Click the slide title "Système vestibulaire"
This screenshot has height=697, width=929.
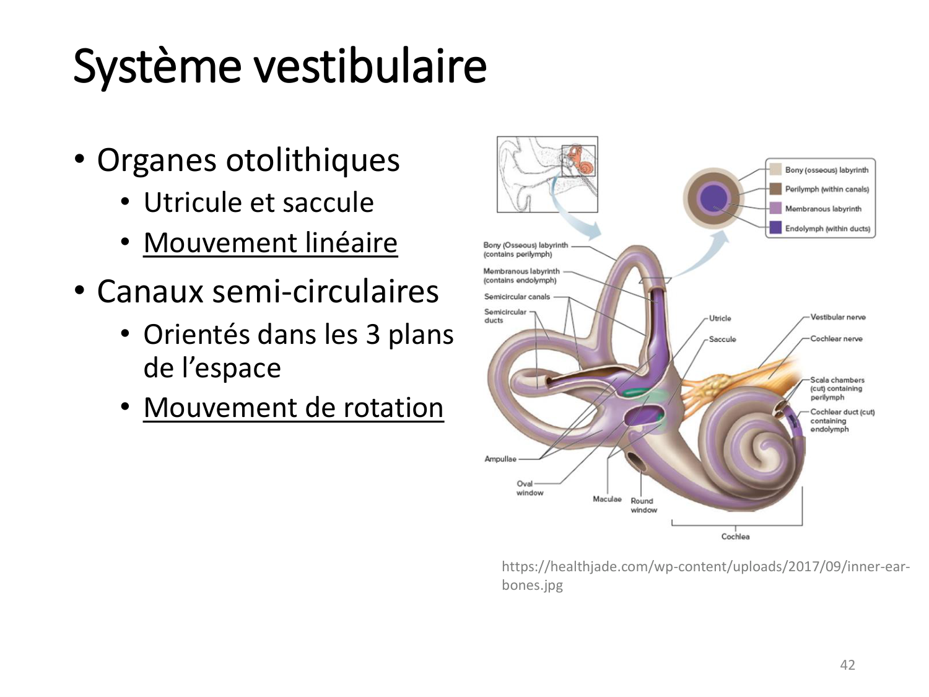[280, 66]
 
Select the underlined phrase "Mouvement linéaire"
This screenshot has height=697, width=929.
[271, 243]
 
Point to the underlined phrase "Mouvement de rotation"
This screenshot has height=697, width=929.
[294, 407]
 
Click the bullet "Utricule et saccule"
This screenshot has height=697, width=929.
[259, 202]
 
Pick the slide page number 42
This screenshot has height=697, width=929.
[847, 665]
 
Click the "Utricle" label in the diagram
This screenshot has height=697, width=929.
[720, 318]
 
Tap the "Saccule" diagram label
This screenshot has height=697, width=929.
[723, 340]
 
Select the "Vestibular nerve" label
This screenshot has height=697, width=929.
[838, 317]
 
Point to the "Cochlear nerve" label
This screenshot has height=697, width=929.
[836, 338]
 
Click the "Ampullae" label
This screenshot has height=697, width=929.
[500, 459]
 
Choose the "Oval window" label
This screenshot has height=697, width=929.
[530, 488]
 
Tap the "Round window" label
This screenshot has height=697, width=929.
[643, 506]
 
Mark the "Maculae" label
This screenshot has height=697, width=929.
[607, 499]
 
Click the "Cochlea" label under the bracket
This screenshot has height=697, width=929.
[735, 537]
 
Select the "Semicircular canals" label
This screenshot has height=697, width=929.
[517, 297]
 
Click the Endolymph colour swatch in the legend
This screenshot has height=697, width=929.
[775, 227]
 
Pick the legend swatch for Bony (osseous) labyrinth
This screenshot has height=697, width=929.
[775, 169]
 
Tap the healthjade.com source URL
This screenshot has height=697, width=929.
[705, 576]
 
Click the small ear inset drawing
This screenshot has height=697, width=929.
[547, 174]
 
